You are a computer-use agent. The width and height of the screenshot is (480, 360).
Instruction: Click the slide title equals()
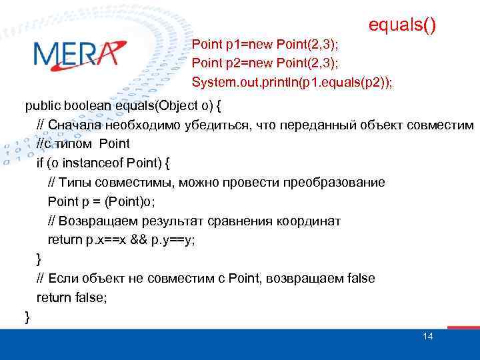point(403,25)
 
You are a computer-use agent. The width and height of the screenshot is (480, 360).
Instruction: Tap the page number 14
point(427,336)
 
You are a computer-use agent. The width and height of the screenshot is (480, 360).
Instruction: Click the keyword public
point(41,105)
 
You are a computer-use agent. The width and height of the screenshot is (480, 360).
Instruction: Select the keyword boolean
point(86,105)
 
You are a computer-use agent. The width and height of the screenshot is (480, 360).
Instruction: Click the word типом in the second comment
point(75,143)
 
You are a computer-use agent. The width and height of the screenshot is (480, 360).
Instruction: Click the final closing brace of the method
point(27,317)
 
